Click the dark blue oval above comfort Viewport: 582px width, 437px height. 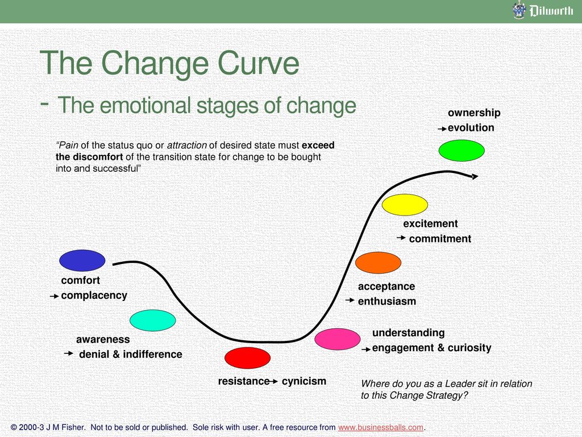pos(82,261)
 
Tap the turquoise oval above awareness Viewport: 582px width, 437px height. pos(152,320)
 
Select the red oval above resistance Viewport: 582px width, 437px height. pos(248,358)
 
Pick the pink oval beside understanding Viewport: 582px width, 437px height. pos(338,339)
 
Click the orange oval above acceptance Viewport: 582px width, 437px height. pos(378,263)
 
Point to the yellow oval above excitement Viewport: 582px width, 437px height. pos(405,205)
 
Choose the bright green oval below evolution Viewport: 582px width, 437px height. pos(462,150)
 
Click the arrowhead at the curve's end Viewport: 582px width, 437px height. pos(475,176)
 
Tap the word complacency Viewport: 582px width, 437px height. pos(94,295)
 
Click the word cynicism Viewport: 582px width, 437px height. pos(304,381)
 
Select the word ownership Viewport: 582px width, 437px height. pos(474,113)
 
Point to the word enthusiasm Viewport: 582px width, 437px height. pos(386,301)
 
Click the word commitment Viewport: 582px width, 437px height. pos(440,238)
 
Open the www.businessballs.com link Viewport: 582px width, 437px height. pos(380,427)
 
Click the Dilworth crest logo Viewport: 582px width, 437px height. pos(519,10)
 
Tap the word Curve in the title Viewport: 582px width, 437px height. pos(258,63)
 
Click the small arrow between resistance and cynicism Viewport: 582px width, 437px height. pos(274,381)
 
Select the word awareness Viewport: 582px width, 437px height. pos(103,339)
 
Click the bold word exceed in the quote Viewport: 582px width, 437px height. pos(318,145)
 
